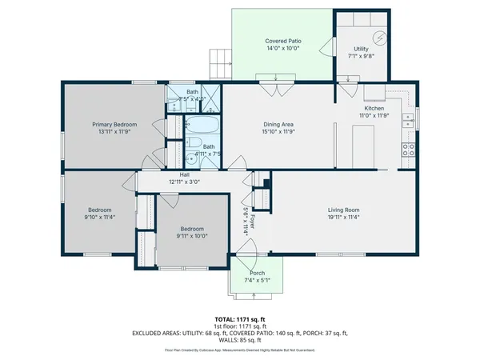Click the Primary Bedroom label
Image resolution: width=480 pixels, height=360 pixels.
pyautogui.click(x=114, y=124)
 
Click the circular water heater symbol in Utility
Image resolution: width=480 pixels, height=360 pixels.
pyautogui.click(x=380, y=38)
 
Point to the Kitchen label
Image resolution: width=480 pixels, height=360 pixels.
pyautogui.click(x=374, y=108)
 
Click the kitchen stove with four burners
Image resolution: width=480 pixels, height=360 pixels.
pyautogui.click(x=408, y=148)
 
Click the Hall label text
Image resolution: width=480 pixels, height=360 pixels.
pyautogui.click(x=184, y=174)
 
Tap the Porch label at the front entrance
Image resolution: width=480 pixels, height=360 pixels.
pyautogui.click(x=258, y=273)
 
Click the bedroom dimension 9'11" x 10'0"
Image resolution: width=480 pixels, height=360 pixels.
pyautogui.click(x=191, y=236)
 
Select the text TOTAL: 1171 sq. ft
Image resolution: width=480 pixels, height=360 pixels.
pyautogui.click(x=240, y=319)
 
